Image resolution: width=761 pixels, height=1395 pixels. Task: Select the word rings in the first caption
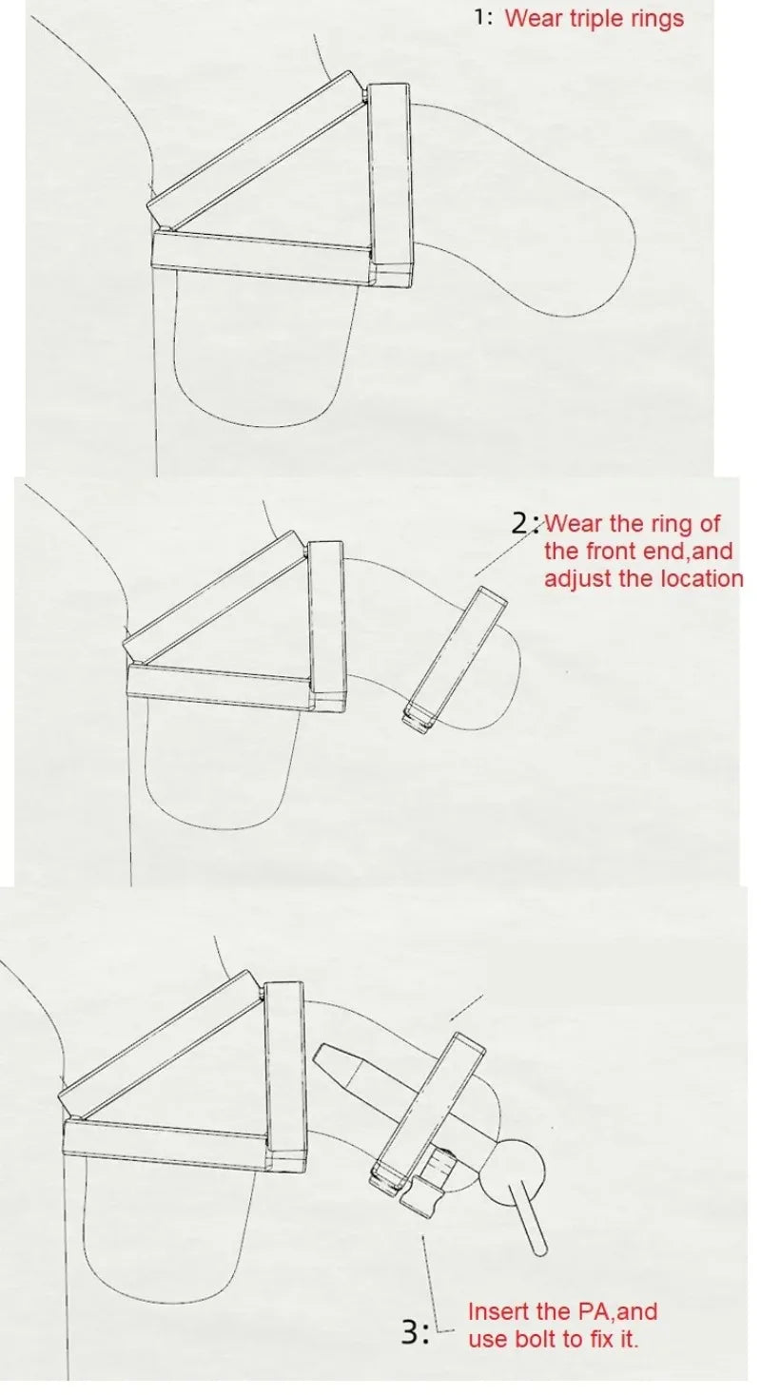657,19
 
